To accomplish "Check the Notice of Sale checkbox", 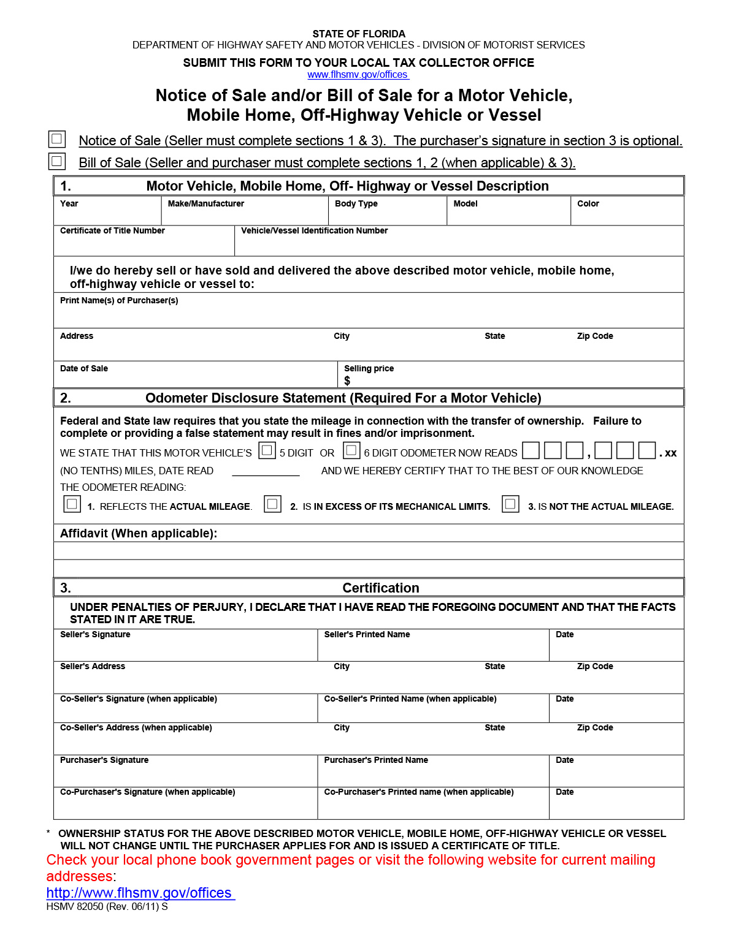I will click(56, 139).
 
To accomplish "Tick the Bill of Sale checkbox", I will click(56, 161).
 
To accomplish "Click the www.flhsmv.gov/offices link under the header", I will click(358, 75).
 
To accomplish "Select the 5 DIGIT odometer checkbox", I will click(267, 450).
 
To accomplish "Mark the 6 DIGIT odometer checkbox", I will click(351, 450).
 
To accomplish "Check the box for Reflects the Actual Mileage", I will click(72, 504).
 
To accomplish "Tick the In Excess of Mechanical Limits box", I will click(272, 504).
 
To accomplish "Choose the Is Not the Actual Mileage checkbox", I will click(510, 504).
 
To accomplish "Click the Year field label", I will click(69, 203).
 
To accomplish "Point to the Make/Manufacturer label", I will click(205, 203).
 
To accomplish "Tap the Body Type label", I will click(356, 203).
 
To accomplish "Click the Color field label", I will click(588, 203).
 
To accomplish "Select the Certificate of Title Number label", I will click(112, 230).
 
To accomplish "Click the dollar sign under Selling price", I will click(347, 381).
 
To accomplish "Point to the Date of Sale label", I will click(84, 368).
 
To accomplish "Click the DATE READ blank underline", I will click(266, 472).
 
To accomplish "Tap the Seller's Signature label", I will click(95, 634).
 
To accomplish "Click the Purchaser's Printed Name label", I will click(375, 760).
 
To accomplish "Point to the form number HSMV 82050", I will click(75, 906).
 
